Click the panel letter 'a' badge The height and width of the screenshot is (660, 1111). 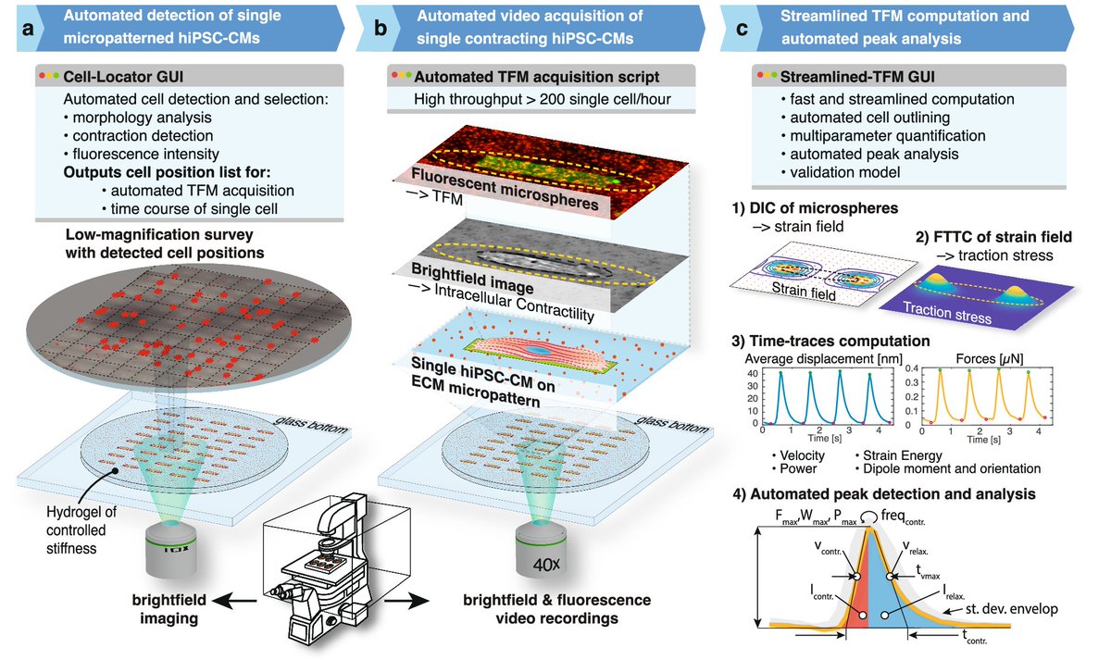coord(28,28)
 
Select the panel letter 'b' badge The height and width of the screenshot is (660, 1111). coord(381,28)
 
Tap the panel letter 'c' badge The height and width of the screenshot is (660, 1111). coord(741,28)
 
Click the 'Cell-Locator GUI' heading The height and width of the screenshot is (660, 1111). coord(112,76)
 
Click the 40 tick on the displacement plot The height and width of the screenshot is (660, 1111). coord(754,373)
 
